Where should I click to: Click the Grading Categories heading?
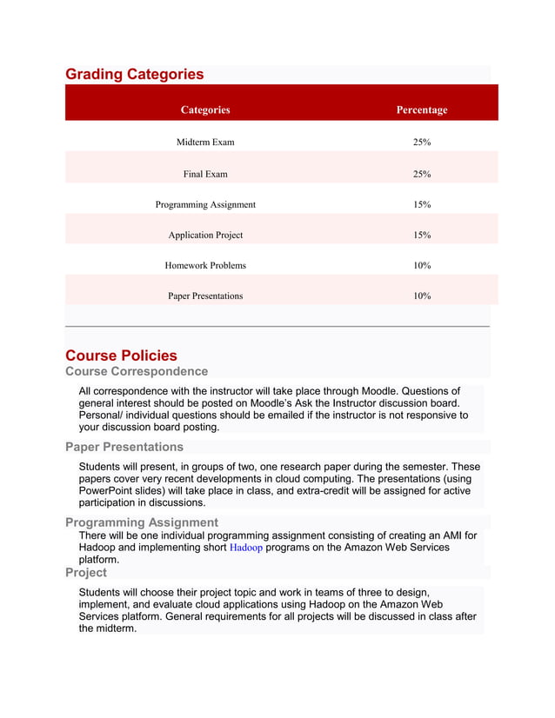(135, 75)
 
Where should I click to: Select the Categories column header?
(205, 110)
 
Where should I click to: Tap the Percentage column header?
(422, 110)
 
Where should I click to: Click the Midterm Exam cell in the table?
(205, 142)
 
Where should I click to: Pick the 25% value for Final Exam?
(422, 174)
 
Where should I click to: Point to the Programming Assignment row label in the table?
(205, 204)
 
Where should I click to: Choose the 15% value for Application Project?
(422, 235)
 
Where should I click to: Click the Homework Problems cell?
(205, 265)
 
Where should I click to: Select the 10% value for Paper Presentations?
(422, 296)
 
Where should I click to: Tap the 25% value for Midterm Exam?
(422, 142)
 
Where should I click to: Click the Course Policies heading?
(121, 356)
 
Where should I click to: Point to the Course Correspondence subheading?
(137, 372)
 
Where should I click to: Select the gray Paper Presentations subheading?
(124, 447)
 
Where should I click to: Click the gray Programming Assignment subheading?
(142, 522)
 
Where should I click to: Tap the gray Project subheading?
(86, 572)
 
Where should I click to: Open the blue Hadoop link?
(245, 548)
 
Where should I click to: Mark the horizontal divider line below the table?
(277, 326)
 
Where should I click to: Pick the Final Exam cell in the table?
(205, 174)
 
